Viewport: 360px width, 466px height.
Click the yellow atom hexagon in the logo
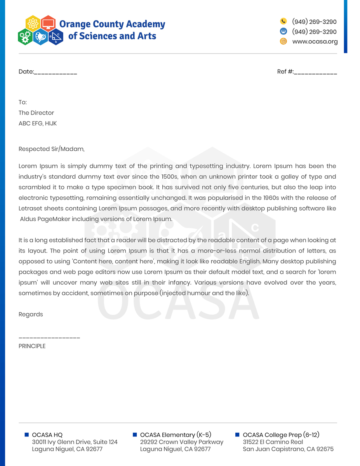click(x=33, y=24)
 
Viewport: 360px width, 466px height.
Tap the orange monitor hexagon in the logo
click(x=48, y=23)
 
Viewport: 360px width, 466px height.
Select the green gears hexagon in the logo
click(x=25, y=37)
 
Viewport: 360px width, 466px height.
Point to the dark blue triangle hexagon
click(x=56, y=37)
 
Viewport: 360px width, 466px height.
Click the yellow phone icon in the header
click(x=283, y=21)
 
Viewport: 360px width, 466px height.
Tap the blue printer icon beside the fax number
click(x=283, y=31)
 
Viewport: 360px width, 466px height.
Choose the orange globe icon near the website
click(x=283, y=41)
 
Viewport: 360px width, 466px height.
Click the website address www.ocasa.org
click(x=315, y=42)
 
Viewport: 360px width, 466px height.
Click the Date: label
click(x=26, y=72)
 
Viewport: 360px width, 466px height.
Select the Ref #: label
click(x=285, y=72)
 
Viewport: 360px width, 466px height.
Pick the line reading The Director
click(x=36, y=113)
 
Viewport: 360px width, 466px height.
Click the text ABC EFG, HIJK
click(x=38, y=123)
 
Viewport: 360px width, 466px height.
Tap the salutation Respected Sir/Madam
click(x=51, y=149)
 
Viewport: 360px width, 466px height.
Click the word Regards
click(x=31, y=315)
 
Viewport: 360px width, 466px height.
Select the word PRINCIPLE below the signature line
click(x=32, y=346)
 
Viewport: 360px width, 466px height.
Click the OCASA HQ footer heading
click(x=47, y=435)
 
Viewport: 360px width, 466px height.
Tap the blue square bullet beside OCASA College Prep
click(x=237, y=435)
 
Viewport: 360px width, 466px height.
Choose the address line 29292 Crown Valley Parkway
click(x=182, y=442)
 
